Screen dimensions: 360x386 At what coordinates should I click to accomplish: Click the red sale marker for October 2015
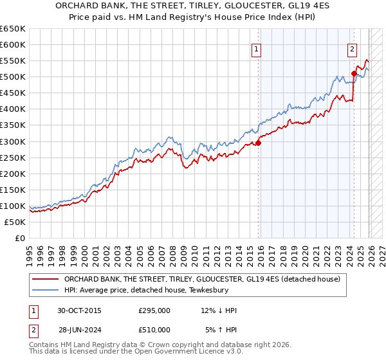[259, 143]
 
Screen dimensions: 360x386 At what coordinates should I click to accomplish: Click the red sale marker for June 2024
[354, 73]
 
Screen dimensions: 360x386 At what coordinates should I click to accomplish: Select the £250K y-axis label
[13, 157]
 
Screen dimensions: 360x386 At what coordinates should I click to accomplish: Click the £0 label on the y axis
[21, 238]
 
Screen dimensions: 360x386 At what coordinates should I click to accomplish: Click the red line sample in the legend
[46, 279]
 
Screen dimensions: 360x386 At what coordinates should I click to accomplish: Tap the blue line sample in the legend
[46, 291]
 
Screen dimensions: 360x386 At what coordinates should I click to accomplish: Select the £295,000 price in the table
[154, 310]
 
